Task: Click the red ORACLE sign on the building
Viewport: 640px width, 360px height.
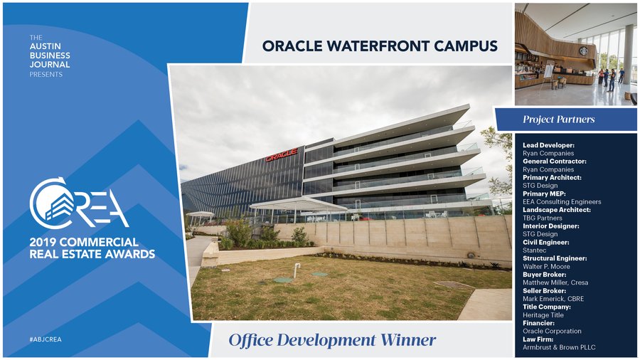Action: [x=282, y=154]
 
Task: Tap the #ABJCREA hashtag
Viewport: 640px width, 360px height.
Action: [x=46, y=339]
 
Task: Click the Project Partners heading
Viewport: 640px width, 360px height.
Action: [x=558, y=120]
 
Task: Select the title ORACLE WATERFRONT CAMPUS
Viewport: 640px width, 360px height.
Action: [x=380, y=46]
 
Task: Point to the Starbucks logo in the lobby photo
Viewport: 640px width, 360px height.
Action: [x=585, y=51]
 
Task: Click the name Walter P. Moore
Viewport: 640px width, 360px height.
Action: [x=546, y=267]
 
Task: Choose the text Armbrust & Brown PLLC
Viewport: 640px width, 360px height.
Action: [x=559, y=347]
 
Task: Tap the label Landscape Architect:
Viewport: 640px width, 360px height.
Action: [x=557, y=210]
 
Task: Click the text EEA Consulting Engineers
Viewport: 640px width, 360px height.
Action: [x=562, y=201]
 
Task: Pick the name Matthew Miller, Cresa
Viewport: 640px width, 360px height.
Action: [x=555, y=282]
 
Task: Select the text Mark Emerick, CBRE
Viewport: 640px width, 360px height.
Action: [x=553, y=299]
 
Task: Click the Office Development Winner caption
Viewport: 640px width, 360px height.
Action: [x=332, y=340]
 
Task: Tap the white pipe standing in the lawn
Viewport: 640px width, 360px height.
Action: [x=297, y=270]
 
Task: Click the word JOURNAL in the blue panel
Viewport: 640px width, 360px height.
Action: [x=49, y=65]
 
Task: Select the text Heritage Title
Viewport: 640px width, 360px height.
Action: [x=543, y=315]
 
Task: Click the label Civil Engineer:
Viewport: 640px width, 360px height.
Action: [x=545, y=242]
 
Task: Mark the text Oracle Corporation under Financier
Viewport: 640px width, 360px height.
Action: [x=552, y=331]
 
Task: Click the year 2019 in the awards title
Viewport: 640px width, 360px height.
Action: [x=45, y=242]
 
